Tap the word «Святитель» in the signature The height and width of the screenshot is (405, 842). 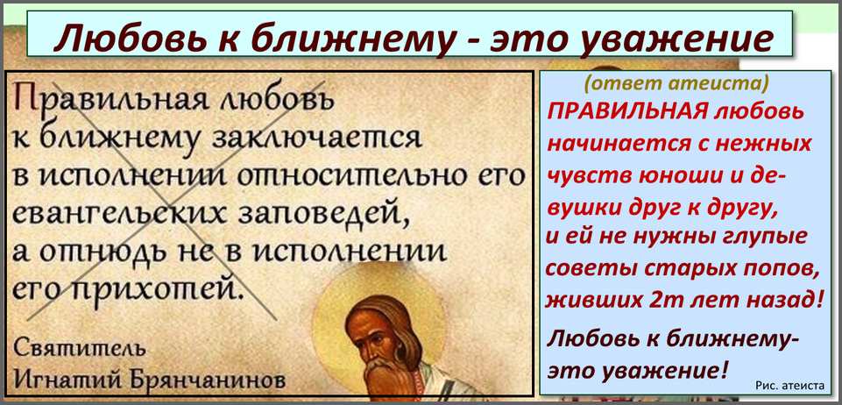tap(79, 348)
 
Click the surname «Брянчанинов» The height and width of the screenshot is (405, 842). tap(203, 380)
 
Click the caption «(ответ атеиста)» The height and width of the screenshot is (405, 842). tap(676, 84)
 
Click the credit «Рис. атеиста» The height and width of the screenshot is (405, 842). tap(789, 385)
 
